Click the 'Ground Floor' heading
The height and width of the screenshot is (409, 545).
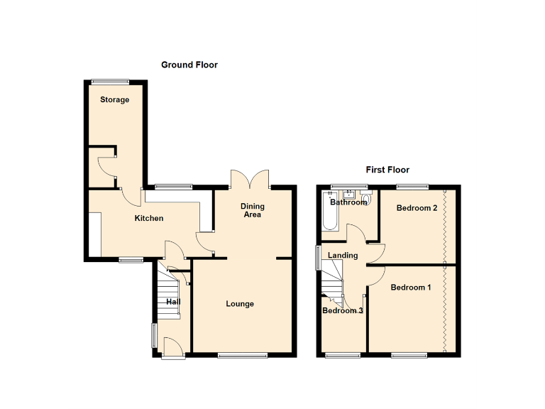189,65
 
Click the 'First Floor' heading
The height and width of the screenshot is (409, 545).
387,170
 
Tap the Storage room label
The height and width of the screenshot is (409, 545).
114,99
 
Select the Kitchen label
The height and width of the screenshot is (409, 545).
149,218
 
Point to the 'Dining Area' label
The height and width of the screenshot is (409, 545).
253,210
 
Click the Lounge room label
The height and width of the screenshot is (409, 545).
240,304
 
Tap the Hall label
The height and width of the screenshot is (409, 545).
173,302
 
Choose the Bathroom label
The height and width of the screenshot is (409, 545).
348,202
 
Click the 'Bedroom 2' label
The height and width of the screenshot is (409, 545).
417,208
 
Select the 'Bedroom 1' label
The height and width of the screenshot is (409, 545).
411,288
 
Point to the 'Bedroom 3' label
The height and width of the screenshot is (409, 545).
343,310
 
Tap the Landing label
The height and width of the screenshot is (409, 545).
343,256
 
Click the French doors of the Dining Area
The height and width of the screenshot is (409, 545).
250,179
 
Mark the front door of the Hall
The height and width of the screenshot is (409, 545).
171,347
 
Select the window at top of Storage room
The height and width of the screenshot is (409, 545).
110,80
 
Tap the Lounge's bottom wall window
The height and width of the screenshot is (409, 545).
237,354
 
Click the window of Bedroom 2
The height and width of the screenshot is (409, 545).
412,186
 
